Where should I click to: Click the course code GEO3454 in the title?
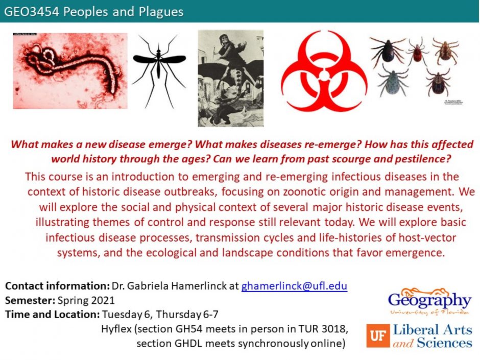click(30, 11)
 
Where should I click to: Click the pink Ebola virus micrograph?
click(69, 70)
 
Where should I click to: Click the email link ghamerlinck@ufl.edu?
click(294, 286)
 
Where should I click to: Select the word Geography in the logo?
click(429, 299)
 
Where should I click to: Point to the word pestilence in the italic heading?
click(419, 158)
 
